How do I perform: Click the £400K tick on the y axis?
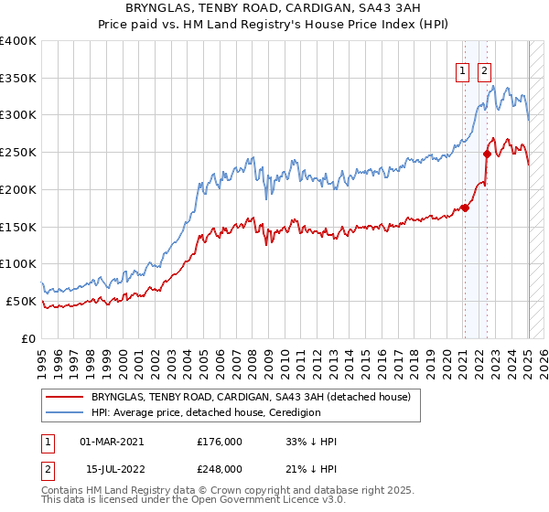(x=18, y=41)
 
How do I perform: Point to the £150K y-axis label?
(x=18, y=227)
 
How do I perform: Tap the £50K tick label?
(x=22, y=301)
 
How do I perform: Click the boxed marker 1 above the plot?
(x=463, y=70)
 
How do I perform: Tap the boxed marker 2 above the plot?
(x=483, y=70)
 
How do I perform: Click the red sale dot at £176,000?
(x=465, y=208)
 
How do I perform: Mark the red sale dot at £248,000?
(x=487, y=154)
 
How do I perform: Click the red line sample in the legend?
(x=66, y=398)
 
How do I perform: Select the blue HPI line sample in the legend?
(x=66, y=412)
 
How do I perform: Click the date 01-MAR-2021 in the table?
(x=112, y=442)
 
